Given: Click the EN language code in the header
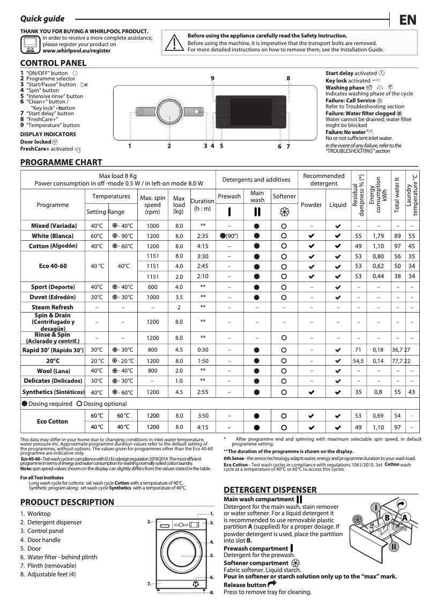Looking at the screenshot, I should pos(408,20).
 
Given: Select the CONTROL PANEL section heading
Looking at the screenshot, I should pos(53,63).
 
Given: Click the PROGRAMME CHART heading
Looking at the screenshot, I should pos(61,162).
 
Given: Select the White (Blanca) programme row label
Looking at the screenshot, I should pos(53,236).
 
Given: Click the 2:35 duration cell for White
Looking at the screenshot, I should pos(203,236).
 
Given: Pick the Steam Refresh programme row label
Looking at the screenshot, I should pos(53,307).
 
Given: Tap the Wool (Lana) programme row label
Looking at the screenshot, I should pos(52,370).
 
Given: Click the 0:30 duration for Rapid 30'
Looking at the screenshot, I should pos(203,350).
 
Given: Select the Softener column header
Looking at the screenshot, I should pos(284,196).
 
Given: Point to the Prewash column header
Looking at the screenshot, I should pos(229,196).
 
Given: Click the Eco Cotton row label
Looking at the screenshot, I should pos(53,421).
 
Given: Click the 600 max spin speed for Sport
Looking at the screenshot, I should pos(153,287).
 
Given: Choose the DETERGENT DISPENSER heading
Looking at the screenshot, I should pos(270,490).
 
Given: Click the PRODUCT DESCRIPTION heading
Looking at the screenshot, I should pos(67,502).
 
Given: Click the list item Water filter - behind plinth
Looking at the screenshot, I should pos(62,557).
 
